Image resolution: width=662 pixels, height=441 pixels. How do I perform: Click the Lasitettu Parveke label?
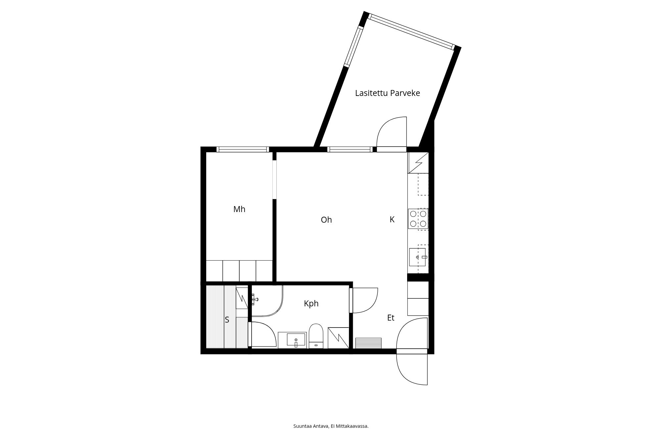pos(387,93)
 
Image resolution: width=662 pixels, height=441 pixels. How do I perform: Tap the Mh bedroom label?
pos(239,209)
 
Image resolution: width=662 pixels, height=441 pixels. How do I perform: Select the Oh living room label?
pos(326,220)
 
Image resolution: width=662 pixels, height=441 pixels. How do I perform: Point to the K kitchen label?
pos(392,219)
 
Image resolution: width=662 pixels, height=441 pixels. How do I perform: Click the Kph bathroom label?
pos(311,303)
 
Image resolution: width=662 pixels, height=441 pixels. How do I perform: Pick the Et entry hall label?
pos(391,318)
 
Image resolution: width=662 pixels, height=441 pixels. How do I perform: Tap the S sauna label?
pos(227,320)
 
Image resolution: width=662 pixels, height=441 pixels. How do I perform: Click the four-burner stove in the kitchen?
pos(418,219)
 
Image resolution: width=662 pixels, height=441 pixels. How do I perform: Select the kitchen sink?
pos(417,257)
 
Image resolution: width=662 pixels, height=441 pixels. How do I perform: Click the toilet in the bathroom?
pos(316,335)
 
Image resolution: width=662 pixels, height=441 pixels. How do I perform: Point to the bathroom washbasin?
pos(296,340)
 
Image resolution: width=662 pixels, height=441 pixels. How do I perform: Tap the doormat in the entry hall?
pos(368,343)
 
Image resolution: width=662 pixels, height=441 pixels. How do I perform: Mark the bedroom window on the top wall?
pos(243,150)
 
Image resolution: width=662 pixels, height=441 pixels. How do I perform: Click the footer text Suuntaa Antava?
pos(311,426)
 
